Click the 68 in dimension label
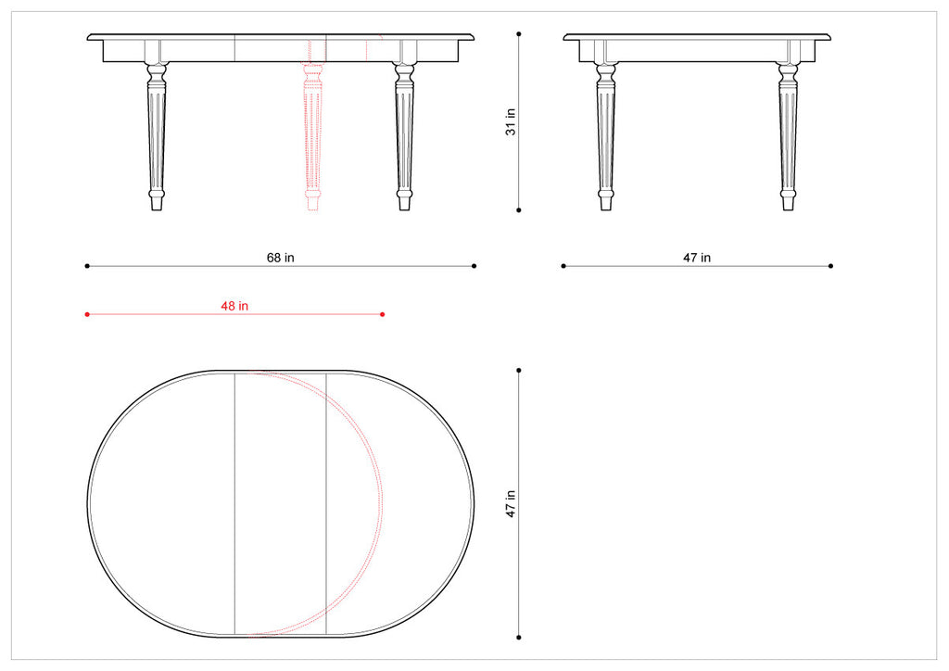[281, 258]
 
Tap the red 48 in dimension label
[234, 306]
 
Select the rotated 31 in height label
[511, 121]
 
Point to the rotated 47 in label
[511, 504]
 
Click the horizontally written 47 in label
[697, 258]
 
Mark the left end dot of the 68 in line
[87, 266]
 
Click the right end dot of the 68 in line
[474, 266]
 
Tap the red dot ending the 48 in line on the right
[383, 314]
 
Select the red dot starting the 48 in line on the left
[87, 314]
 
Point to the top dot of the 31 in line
[519, 33]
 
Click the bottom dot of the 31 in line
[519, 209]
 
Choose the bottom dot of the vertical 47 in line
[519, 638]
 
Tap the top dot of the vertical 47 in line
[519, 370]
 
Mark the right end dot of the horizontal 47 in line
[830, 266]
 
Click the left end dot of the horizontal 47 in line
[563, 266]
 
